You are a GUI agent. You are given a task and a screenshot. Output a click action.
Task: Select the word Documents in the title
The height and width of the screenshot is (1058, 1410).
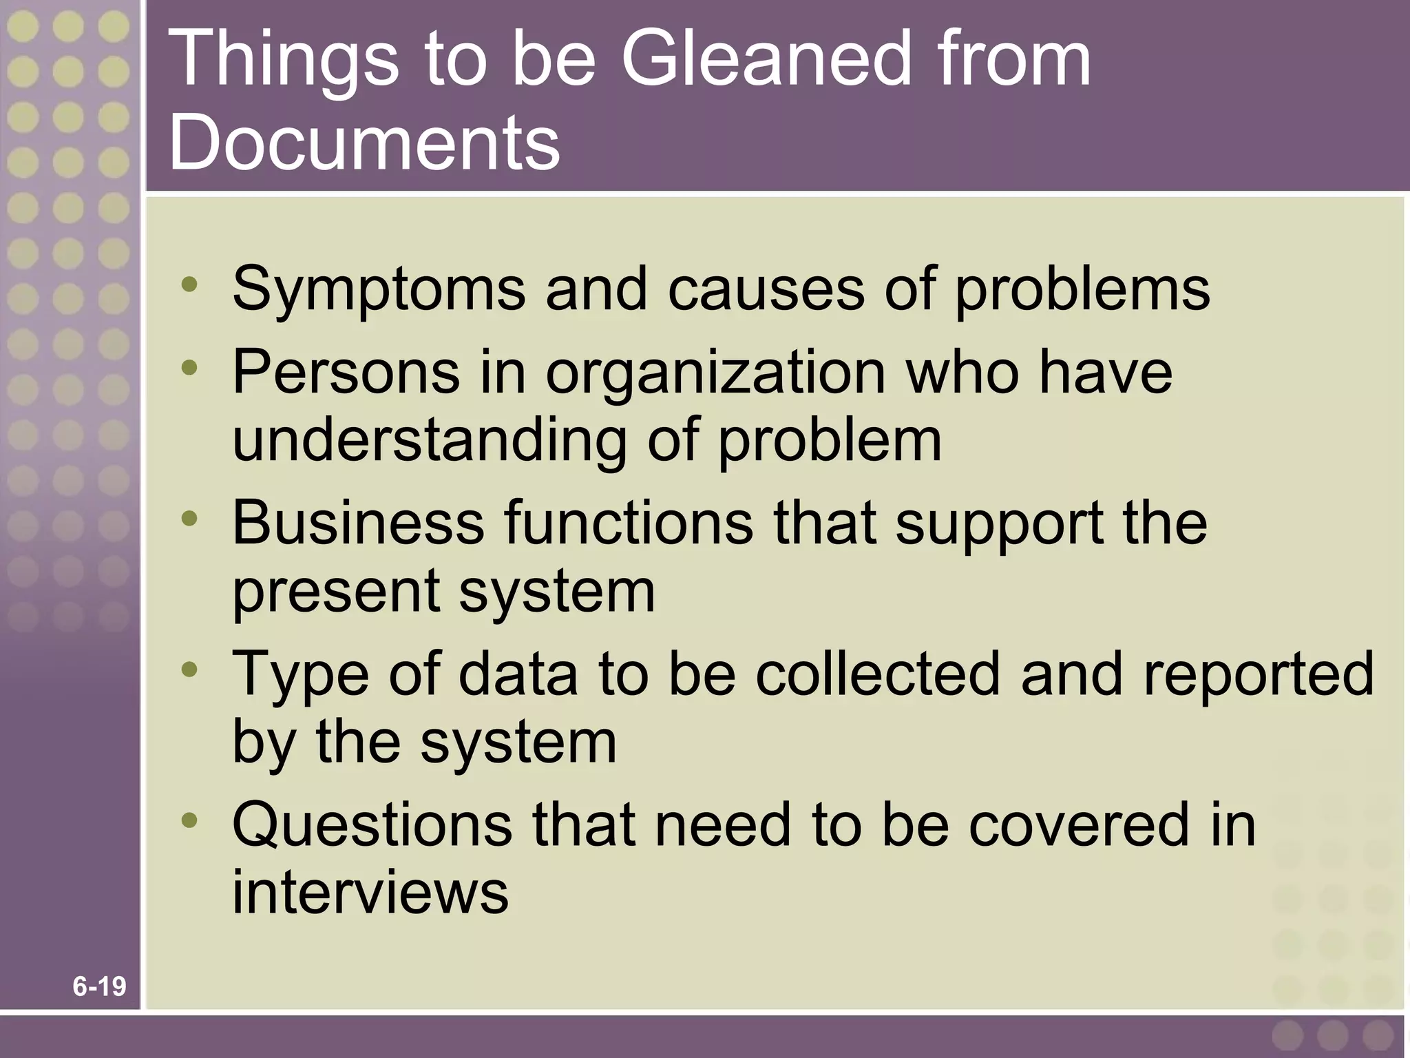click(364, 143)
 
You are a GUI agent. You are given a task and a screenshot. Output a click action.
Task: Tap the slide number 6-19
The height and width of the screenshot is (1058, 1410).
click(99, 987)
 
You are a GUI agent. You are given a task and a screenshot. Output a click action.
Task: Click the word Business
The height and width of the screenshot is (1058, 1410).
click(358, 522)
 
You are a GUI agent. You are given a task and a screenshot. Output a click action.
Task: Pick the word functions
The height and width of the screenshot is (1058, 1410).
click(629, 522)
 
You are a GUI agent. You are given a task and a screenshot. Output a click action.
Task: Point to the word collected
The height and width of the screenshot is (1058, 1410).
click(877, 674)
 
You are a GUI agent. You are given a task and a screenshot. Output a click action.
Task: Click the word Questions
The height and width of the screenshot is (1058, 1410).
click(372, 824)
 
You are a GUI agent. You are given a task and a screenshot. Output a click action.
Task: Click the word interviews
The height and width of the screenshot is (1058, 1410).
click(370, 892)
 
